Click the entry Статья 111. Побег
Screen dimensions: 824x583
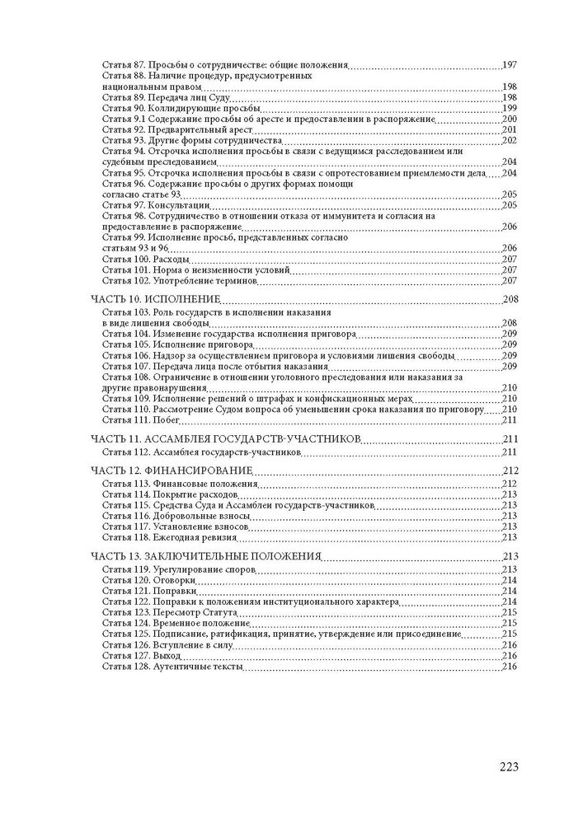tap(141, 419)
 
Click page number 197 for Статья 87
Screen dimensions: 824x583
tap(509, 64)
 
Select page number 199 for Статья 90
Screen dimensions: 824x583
tap(509, 108)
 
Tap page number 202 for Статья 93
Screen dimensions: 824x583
tap(509, 140)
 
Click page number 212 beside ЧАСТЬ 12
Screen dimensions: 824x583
tap(509, 471)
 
